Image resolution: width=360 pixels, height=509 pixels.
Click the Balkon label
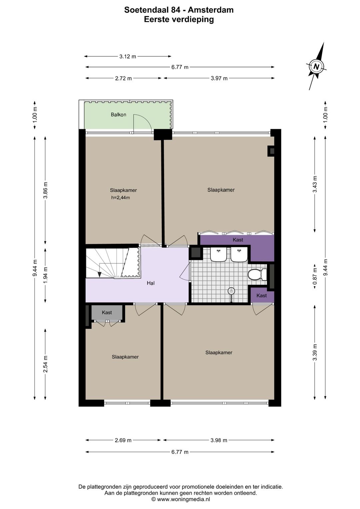pyautogui.click(x=118, y=114)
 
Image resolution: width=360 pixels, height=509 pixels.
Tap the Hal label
pyautogui.click(x=151, y=283)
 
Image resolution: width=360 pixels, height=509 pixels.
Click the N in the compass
pyautogui.click(x=316, y=67)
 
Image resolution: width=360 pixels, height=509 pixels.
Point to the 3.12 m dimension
pyautogui.click(x=128, y=56)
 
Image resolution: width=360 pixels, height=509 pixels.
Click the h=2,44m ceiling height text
pyautogui.click(x=120, y=197)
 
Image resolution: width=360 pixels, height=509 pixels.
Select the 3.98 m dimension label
pyautogui.click(x=219, y=440)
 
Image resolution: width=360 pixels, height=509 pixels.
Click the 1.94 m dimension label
pyautogui.click(x=45, y=275)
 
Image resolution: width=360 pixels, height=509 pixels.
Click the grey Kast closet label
pyautogui.click(x=107, y=313)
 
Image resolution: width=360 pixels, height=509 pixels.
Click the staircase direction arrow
pyautogui.click(x=99, y=274)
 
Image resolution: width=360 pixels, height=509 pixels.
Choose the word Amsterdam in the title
pyautogui.click(x=211, y=10)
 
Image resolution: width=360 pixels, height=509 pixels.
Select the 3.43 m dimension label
pyautogui.click(x=315, y=184)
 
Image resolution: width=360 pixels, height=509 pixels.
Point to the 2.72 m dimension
pyautogui.click(x=123, y=78)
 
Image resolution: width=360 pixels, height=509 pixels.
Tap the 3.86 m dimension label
pyautogui.click(x=45, y=190)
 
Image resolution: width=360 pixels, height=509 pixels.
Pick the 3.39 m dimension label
pyautogui.click(x=315, y=352)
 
